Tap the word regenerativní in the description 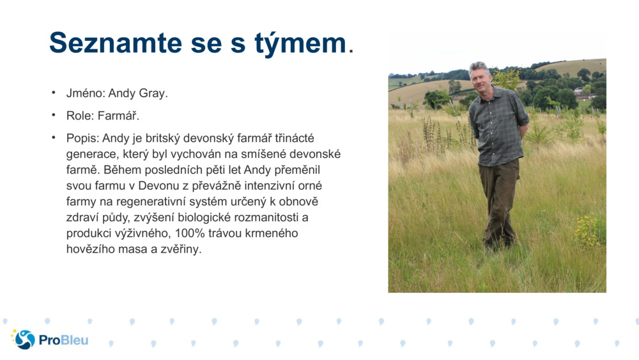(149, 202)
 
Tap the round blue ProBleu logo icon (24, 340)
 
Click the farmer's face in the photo (480, 76)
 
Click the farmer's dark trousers (498, 198)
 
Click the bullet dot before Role (54, 116)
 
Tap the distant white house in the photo (580, 91)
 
